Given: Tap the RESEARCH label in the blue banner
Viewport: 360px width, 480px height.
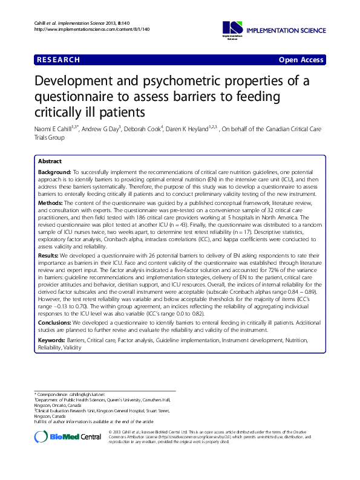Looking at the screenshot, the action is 58,60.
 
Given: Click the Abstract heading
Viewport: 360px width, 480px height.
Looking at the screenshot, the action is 50,162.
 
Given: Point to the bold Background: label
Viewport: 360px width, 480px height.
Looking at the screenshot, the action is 55,173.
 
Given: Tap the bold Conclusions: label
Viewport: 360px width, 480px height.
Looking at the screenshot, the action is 57,323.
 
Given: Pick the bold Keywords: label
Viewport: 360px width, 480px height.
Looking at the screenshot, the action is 54,341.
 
